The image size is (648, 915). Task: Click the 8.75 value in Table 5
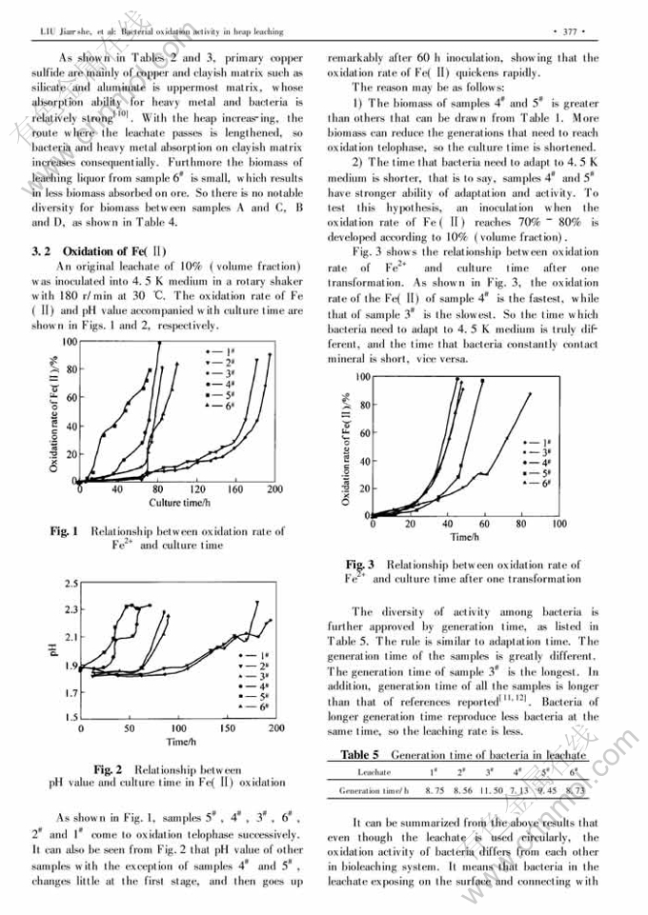(435, 790)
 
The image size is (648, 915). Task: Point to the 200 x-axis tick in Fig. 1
(274, 489)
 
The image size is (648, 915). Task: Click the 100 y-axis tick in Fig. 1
(70, 340)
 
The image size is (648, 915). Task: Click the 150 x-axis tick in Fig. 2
(226, 727)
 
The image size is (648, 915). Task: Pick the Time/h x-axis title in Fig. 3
(464, 537)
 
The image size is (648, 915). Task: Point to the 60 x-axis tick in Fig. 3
(484, 524)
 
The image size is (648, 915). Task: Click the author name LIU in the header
(46, 31)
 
